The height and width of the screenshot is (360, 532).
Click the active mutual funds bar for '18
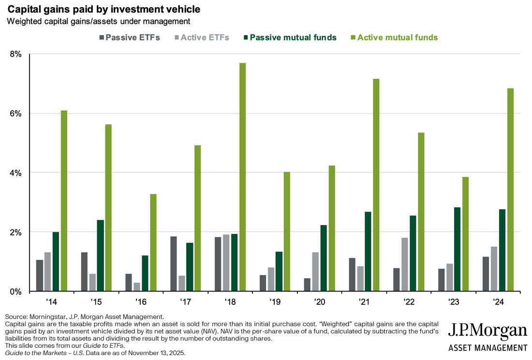point(243,177)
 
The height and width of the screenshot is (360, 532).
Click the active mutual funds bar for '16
point(153,243)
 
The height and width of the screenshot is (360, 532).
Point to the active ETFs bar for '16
point(137,287)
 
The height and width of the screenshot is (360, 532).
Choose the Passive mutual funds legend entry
point(291,37)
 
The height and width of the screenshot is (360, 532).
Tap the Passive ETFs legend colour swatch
point(101,37)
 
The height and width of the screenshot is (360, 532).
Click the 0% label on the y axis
point(16,291)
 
